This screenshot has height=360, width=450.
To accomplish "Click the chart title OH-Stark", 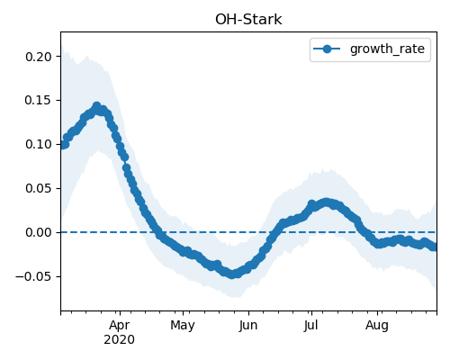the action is pyautogui.click(x=248, y=20).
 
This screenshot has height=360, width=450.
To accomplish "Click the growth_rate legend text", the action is pyautogui.click(x=387, y=49).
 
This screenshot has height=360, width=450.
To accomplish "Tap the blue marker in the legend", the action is pyautogui.click(x=327, y=49).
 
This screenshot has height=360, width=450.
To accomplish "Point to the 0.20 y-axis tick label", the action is pyautogui.click(x=39, y=57).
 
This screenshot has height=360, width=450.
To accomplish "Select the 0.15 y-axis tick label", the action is pyautogui.click(x=39, y=100).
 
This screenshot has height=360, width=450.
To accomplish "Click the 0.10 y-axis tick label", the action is pyautogui.click(x=39, y=144).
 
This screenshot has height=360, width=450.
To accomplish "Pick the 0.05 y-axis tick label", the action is pyautogui.click(x=39, y=188).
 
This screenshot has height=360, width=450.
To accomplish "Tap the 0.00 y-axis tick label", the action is pyautogui.click(x=39, y=232).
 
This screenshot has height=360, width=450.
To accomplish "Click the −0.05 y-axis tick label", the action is pyautogui.click(x=34, y=276).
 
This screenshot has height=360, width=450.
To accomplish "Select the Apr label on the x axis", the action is pyautogui.click(x=120, y=325).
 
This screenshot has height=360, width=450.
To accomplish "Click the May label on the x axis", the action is pyautogui.click(x=183, y=325).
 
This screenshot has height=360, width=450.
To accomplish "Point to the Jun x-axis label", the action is pyautogui.click(x=248, y=325).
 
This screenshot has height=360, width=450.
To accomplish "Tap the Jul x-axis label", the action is pyautogui.click(x=310, y=325).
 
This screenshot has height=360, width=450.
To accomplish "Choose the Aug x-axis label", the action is pyautogui.click(x=377, y=325).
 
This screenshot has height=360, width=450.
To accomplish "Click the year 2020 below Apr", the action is pyautogui.click(x=119, y=340).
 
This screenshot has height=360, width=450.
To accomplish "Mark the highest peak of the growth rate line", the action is pyautogui.click(x=96, y=106).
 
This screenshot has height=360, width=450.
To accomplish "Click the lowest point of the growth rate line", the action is pyautogui.click(x=232, y=274).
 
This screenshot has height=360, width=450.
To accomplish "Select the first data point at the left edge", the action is pyautogui.click(x=63, y=145).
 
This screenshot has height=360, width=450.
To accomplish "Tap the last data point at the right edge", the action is pyautogui.click(x=434, y=247).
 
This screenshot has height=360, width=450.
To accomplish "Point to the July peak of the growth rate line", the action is pyautogui.click(x=326, y=202).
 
